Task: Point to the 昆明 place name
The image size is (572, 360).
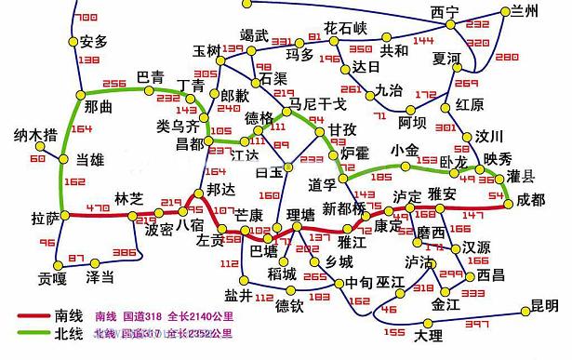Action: pyautogui.click(x=544, y=305)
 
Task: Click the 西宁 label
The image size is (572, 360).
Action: pyautogui.click(x=446, y=11)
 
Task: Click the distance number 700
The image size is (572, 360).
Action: pyautogui.click(x=85, y=18)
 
